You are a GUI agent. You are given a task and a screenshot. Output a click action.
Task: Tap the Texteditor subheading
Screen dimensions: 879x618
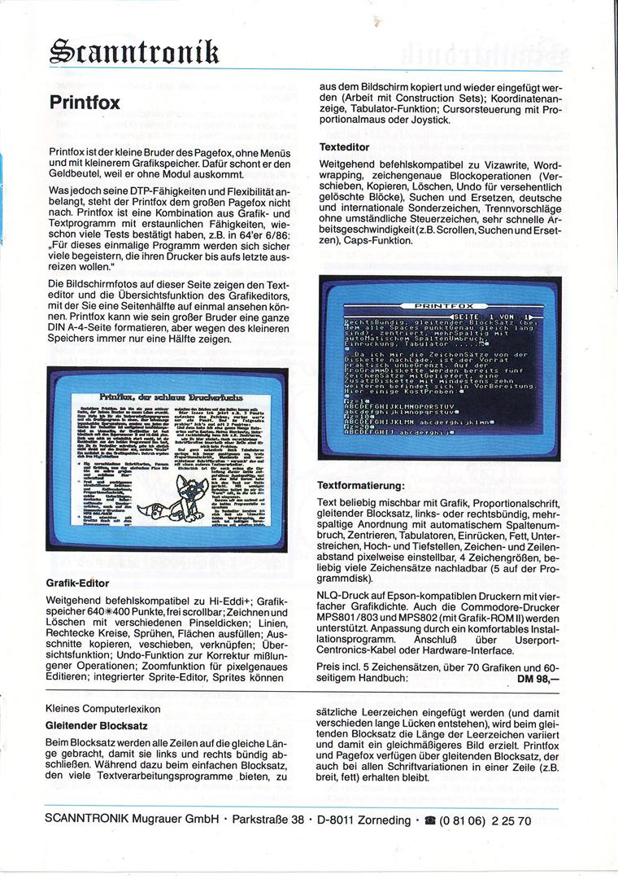coord(345,147)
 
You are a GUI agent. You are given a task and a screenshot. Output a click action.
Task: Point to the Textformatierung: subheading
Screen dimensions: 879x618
coord(360,486)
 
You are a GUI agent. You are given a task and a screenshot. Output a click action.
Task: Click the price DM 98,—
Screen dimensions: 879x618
coord(538,678)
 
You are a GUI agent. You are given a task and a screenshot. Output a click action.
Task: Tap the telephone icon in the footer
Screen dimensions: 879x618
coord(425,821)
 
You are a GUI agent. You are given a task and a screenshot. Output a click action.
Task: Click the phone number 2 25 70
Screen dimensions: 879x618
coord(509,821)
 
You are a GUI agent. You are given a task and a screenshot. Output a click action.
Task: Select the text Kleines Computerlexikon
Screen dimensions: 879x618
coord(102,709)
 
